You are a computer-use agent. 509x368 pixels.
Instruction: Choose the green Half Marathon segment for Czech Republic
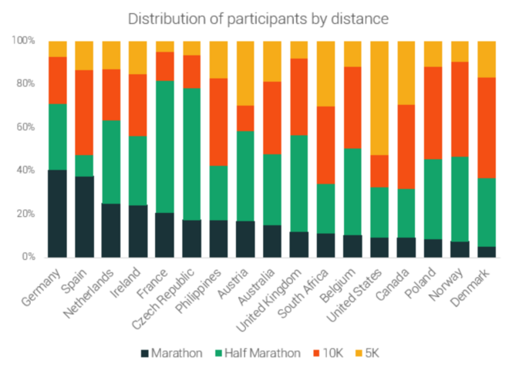tap(192, 154)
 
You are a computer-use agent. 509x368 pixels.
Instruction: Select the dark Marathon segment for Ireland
tap(138, 231)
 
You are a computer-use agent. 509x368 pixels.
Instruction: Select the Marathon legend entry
tap(171, 353)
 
